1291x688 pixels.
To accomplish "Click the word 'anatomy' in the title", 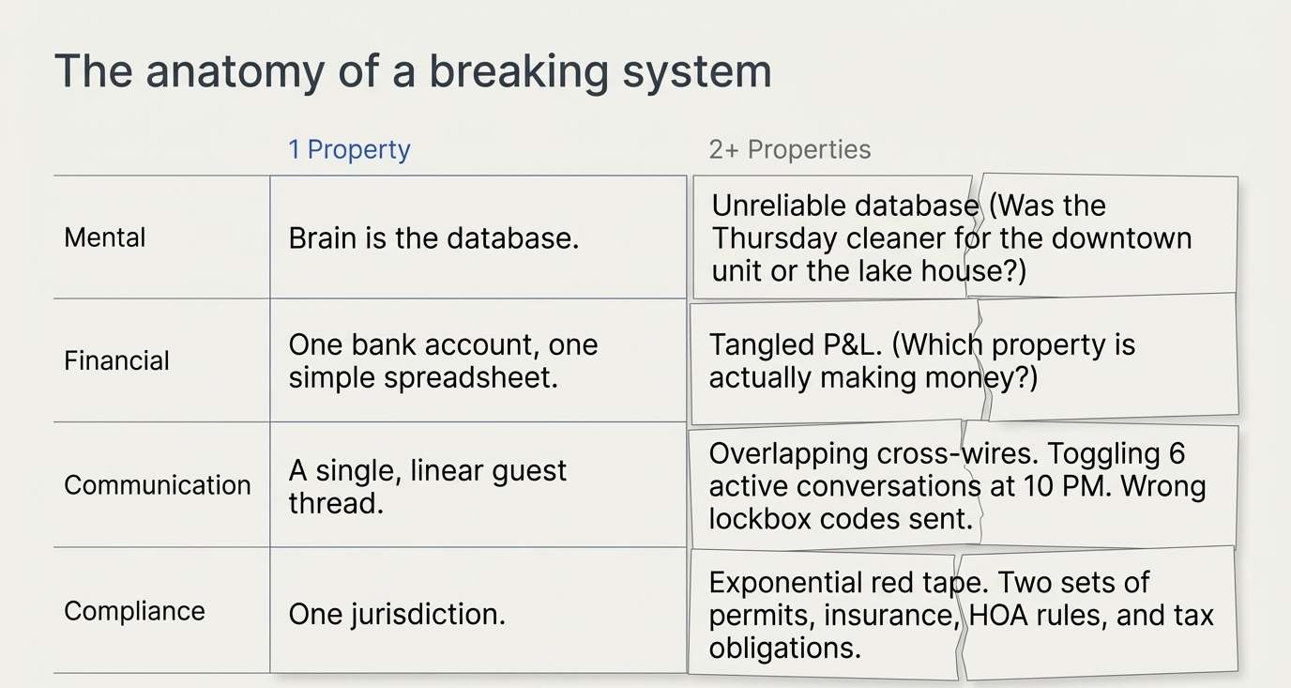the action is pos(235,72).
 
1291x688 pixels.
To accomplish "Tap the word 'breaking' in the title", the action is pos(519,71).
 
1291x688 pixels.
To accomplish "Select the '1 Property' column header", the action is pos(349,149).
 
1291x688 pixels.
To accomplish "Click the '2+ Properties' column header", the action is pos(790,149).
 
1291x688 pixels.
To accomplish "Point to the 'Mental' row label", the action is pos(105,237).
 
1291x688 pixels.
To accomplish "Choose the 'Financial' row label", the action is pos(116,361).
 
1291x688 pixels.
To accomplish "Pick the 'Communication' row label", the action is pos(158,485).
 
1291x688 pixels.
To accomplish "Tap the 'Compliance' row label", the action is pos(134,611).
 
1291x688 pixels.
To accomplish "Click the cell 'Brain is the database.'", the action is pos(433,238).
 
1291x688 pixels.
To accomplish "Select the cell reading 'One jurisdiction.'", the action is pos(397,614).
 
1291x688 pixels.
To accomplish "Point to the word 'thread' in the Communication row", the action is pos(332,503).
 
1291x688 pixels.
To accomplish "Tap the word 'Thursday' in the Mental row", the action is pos(774,238).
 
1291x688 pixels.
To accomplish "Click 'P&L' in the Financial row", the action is pos(848,344).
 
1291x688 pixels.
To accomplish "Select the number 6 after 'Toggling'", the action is pos(1177,454).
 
